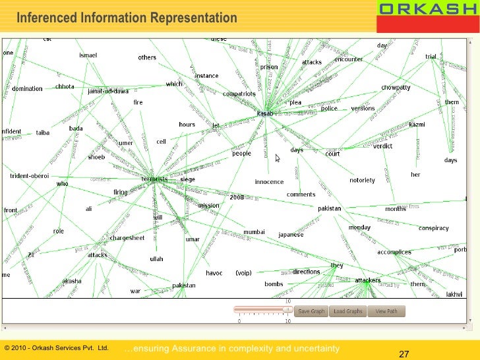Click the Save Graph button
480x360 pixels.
tap(312, 311)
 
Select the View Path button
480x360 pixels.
tap(386, 311)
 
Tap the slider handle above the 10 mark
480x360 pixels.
tap(287, 309)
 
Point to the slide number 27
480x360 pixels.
tap(404, 355)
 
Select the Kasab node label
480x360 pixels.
tap(264, 113)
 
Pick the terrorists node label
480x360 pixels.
tap(154, 179)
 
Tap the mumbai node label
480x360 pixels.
tap(254, 232)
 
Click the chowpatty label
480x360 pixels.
tap(396, 87)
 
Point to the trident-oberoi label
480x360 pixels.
tap(30, 176)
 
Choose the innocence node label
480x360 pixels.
tap(269, 182)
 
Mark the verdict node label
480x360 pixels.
tap(382, 146)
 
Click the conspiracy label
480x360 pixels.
tap(433, 228)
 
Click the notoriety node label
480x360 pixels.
tap(362, 180)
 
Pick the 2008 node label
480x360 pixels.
tap(237, 196)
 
